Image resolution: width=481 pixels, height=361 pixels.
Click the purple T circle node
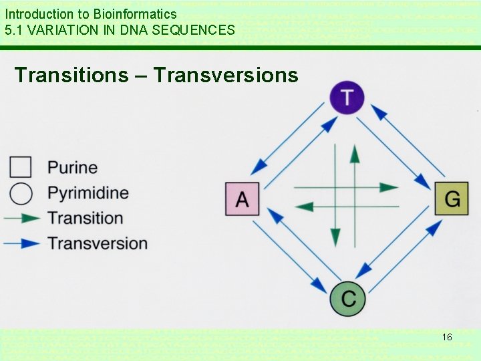coord(347,98)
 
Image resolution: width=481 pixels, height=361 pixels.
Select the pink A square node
coord(242,199)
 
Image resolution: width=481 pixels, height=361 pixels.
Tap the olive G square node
coord(452,199)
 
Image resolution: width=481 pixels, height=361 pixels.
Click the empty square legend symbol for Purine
coord(21,167)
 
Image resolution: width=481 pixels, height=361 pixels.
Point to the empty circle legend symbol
coord(21,193)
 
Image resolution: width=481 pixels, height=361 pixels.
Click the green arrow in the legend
coord(21,218)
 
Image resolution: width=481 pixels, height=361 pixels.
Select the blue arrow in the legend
coord(21,243)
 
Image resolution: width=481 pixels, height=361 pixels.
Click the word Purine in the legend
coord(72,167)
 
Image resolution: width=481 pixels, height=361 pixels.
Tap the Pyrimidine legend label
coord(88,193)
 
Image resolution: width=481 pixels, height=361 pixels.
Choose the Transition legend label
coord(86,218)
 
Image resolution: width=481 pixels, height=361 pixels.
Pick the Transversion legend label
coord(98,243)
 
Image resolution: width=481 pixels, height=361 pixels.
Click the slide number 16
coord(447,337)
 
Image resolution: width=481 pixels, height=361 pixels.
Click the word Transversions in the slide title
coord(226,75)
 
